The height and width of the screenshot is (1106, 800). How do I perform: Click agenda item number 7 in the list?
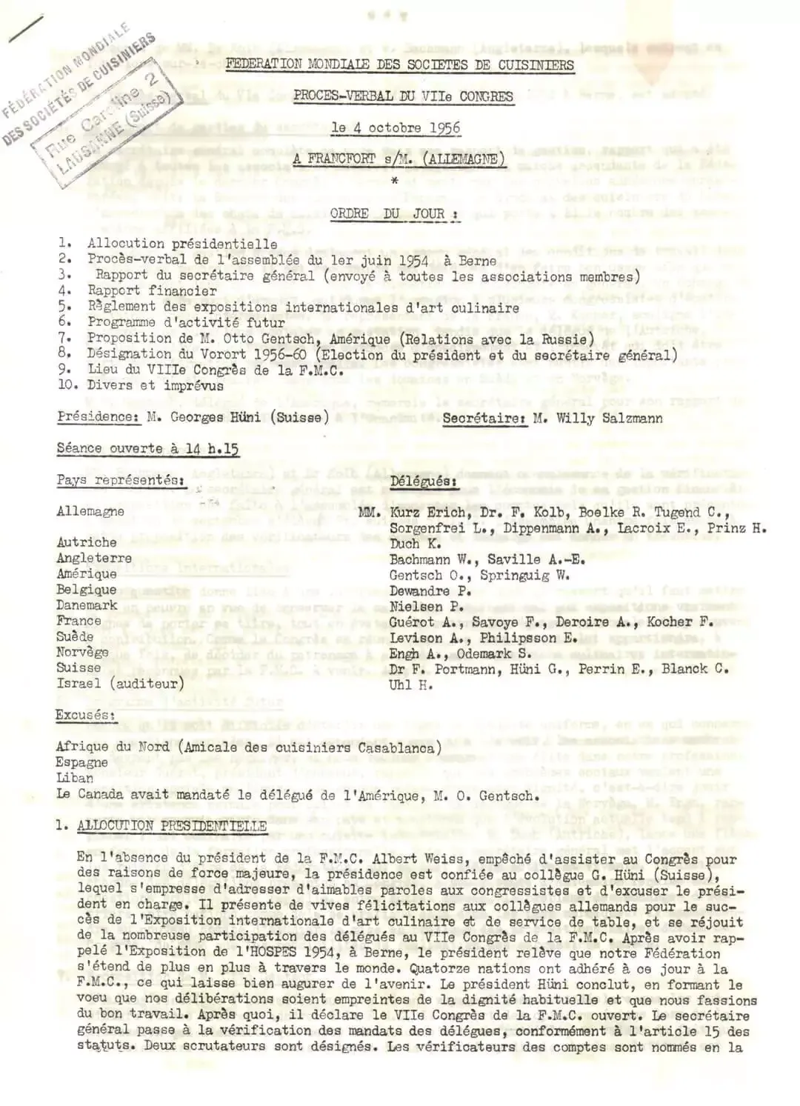[x=64, y=339]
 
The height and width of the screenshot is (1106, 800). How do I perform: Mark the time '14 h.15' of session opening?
[x=212, y=448]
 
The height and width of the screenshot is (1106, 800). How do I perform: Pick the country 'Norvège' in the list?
[x=82, y=653]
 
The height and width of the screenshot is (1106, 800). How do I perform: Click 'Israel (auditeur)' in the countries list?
[x=120, y=684]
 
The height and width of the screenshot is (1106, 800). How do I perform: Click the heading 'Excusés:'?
[x=85, y=715]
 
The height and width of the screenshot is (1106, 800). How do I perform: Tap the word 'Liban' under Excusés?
[x=75, y=778]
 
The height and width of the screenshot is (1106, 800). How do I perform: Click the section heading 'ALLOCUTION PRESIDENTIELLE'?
[x=172, y=826]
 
